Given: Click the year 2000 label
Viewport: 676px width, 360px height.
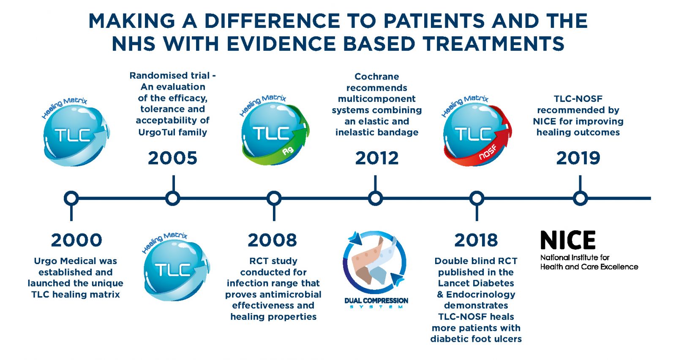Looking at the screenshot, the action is [x=76, y=240].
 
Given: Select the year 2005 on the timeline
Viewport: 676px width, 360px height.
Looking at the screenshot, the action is [x=173, y=158].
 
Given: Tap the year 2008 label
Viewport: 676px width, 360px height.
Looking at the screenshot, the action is [x=273, y=240].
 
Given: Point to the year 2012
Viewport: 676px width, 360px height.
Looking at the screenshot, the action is [x=376, y=158].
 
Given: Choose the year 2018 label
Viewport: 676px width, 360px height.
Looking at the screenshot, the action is [x=476, y=240].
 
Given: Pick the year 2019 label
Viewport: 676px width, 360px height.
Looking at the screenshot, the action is [x=578, y=158].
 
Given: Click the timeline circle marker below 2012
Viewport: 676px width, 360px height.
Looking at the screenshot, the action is [x=376, y=199].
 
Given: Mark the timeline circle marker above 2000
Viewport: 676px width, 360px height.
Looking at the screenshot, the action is [x=71, y=199].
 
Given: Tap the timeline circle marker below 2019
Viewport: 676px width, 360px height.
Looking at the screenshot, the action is [x=580, y=199].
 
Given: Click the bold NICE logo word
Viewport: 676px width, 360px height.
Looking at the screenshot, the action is [x=568, y=240].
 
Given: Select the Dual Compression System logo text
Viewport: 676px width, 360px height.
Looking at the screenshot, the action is [x=376, y=303].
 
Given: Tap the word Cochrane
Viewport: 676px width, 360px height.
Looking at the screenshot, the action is [x=376, y=76].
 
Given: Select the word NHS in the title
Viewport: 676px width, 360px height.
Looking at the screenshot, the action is [x=134, y=44].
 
